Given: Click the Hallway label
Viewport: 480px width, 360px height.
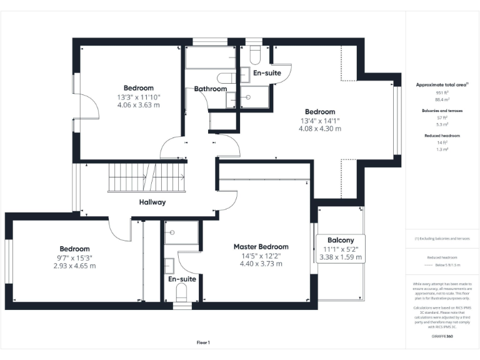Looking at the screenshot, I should [x=152, y=202].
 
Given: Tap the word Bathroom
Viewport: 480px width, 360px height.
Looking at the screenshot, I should [x=210, y=89].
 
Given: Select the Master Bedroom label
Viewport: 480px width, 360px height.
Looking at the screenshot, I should [x=261, y=247].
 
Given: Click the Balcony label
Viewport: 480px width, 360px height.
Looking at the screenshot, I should [x=341, y=240].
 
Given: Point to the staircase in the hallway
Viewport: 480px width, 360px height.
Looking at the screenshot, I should [x=147, y=177].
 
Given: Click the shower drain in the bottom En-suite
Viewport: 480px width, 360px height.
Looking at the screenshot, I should [x=170, y=233].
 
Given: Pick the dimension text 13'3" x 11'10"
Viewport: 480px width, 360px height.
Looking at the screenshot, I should [x=138, y=97].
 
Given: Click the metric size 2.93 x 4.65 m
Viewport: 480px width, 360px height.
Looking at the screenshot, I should [x=75, y=266].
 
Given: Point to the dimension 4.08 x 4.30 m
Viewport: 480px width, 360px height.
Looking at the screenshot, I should [x=319, y=129].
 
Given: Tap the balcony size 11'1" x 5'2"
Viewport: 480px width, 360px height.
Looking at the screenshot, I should [x=341, y=249].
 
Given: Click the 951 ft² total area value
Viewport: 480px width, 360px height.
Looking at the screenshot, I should [x=442, y=92].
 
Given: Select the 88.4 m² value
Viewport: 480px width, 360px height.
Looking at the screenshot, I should [x=442, y=99].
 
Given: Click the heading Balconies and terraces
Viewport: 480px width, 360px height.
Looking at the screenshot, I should [x=442, y=110].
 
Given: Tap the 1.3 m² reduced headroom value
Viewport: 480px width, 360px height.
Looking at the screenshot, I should [x=442, y=149].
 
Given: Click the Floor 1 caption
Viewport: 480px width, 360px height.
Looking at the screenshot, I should [x=203, y=342].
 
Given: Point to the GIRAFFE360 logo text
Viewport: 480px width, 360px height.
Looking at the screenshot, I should [x=442, y=336].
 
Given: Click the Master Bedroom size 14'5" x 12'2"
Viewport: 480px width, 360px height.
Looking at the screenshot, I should [x=261, y=256].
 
